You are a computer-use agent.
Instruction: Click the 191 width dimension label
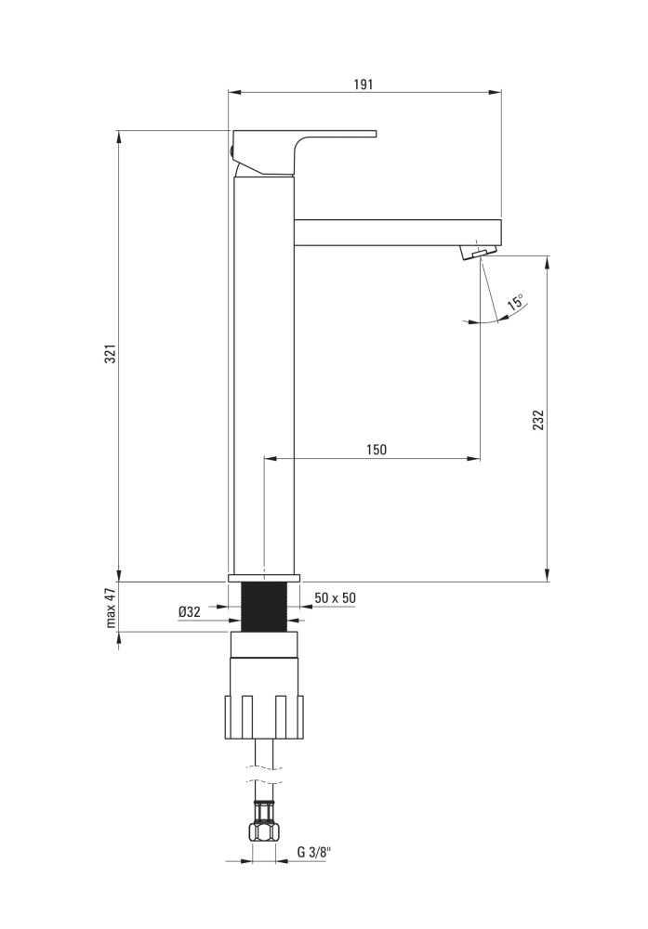pos(364,85)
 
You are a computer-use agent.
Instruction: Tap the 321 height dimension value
pos(110,354)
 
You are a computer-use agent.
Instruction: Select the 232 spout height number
pos(537,420)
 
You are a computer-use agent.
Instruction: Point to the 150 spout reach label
pos(376,450)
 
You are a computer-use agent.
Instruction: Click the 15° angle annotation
pos(515,302)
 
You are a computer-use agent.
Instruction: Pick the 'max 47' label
pos(111,608)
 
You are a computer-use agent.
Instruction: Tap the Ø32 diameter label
pos(190,612)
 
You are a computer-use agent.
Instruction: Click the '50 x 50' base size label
pos(336,597)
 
